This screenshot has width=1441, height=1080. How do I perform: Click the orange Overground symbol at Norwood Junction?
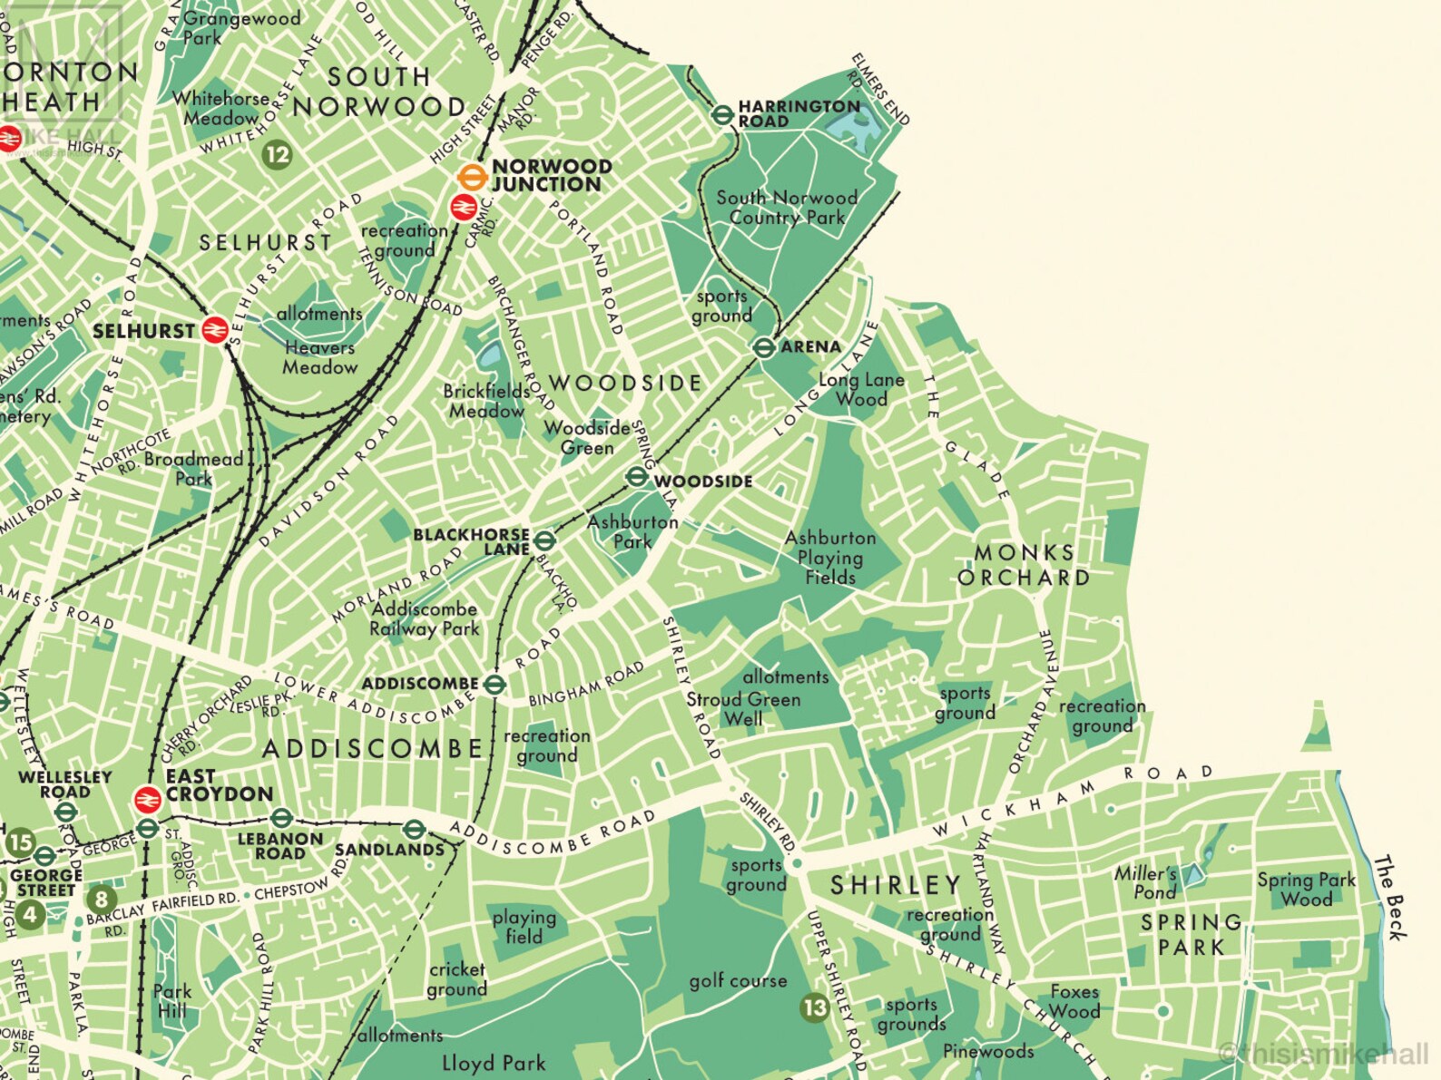(470, 177)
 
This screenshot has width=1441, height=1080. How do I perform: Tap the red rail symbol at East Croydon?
(147, 799)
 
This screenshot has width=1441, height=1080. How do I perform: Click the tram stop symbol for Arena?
(764, 346)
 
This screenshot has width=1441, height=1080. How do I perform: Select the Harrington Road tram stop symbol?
(722, 115)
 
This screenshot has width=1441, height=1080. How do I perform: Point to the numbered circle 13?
(815, 1007)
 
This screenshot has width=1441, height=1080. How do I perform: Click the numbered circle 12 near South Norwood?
(277, 154)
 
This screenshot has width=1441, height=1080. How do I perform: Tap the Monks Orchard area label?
(1024, 565)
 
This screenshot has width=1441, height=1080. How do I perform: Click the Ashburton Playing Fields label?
(830, 557)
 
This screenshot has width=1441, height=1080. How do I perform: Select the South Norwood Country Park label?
(787, 208)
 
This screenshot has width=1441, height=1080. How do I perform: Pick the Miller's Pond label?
(1146, 882)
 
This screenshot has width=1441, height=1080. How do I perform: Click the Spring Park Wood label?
(1306, 889)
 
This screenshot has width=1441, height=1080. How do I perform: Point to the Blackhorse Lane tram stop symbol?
(544, 541)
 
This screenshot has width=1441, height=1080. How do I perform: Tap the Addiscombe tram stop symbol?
(494, 685)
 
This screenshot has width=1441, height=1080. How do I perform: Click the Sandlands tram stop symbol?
(414, 828)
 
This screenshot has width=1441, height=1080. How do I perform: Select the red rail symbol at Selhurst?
(215, 330)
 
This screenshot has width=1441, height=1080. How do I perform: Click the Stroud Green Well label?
(743, 709)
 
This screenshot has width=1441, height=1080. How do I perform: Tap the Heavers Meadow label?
(319, 357)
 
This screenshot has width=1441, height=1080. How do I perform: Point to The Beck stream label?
(1391, 898)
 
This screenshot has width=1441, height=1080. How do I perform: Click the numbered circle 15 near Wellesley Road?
(20, 842)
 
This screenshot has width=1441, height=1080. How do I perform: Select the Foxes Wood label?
(1074, 1001)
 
